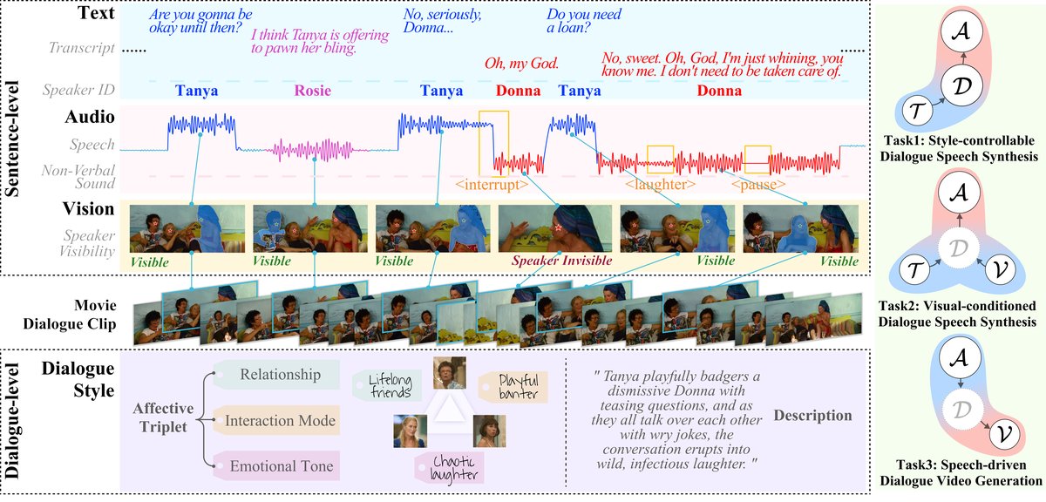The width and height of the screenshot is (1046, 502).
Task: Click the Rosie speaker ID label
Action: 312,91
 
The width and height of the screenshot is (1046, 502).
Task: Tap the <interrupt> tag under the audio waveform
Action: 492,185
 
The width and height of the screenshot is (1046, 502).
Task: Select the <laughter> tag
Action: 661,185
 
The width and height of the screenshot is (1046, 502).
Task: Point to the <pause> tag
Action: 758,185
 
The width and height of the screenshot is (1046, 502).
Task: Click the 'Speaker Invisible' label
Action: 561,261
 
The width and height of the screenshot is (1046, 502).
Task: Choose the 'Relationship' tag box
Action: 276,375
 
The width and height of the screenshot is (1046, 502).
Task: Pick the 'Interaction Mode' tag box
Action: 276,420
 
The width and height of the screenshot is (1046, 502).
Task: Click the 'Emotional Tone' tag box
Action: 276,465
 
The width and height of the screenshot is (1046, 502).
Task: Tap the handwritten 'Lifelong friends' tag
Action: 387,386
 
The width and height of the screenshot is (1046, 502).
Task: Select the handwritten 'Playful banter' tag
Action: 513,387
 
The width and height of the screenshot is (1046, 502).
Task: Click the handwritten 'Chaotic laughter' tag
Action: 449,468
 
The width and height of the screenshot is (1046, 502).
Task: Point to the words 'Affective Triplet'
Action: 163,417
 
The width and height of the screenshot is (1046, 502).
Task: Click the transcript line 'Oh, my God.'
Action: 521,63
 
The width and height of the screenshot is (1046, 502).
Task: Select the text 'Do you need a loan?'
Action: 584,21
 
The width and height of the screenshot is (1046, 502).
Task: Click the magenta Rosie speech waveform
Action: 316,150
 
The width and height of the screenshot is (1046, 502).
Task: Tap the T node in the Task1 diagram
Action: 917,112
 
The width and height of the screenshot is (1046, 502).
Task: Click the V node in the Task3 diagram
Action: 1004,435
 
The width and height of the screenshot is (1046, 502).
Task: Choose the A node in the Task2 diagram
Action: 960,193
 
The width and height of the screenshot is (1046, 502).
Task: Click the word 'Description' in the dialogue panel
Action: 812,415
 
